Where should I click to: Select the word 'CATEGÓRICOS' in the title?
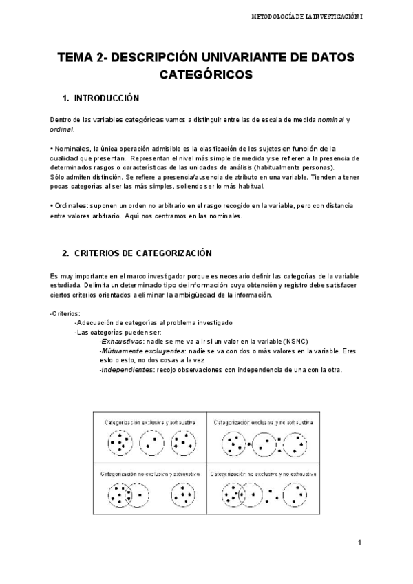pyautogui.click(x=206, y=74)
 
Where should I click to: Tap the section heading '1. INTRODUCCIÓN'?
pyautogui.click(x=100, y=98)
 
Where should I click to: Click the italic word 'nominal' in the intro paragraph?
pyautogui.click(x=331, y=121)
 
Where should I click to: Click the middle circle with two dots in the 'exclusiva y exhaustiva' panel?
pyautogui.click(x=151, y=444)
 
